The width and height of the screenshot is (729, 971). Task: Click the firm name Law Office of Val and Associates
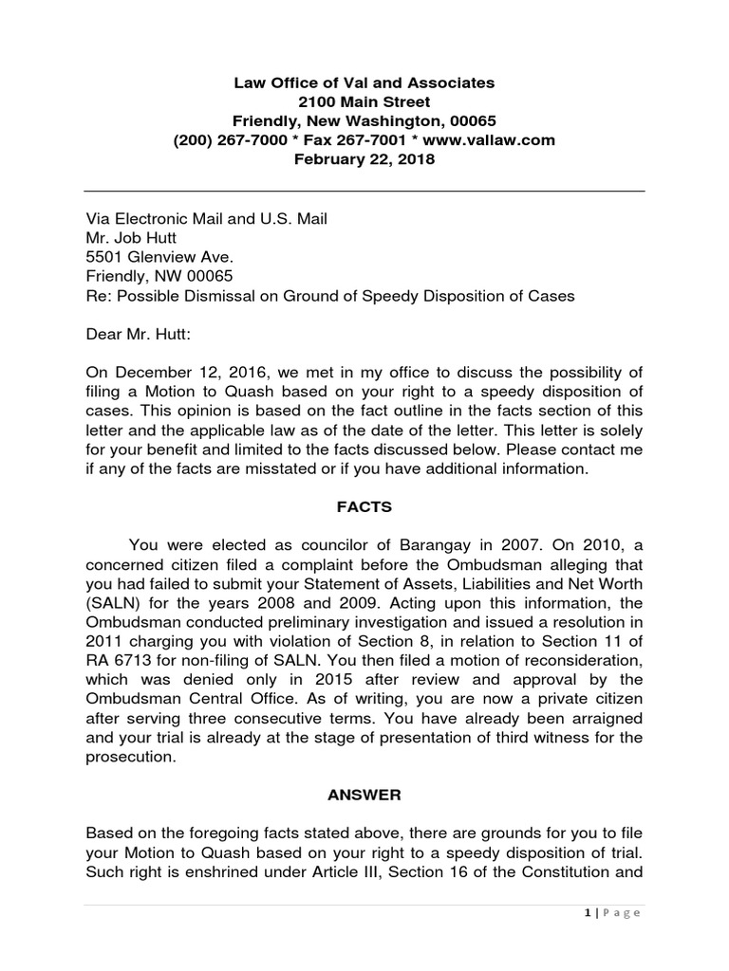[364, 83]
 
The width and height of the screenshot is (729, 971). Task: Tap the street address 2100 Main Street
[364, 102]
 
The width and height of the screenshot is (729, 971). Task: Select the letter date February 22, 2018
[364, 159]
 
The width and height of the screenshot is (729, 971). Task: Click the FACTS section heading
[365, 507]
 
